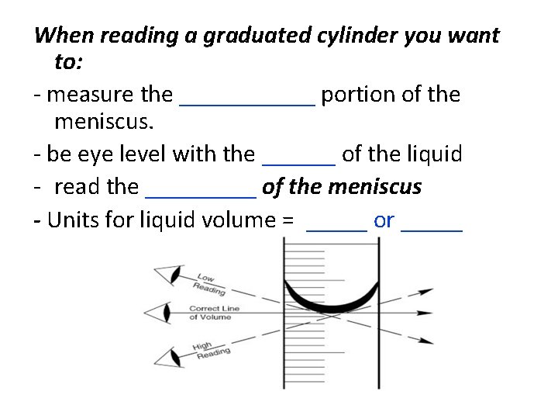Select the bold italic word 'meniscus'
click(375, 188)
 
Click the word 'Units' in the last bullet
click(74, 220)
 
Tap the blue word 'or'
click(384, 220)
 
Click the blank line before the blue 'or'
click(337, 227)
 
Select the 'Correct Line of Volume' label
click(215, 313)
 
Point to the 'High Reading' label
click(211, 350)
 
